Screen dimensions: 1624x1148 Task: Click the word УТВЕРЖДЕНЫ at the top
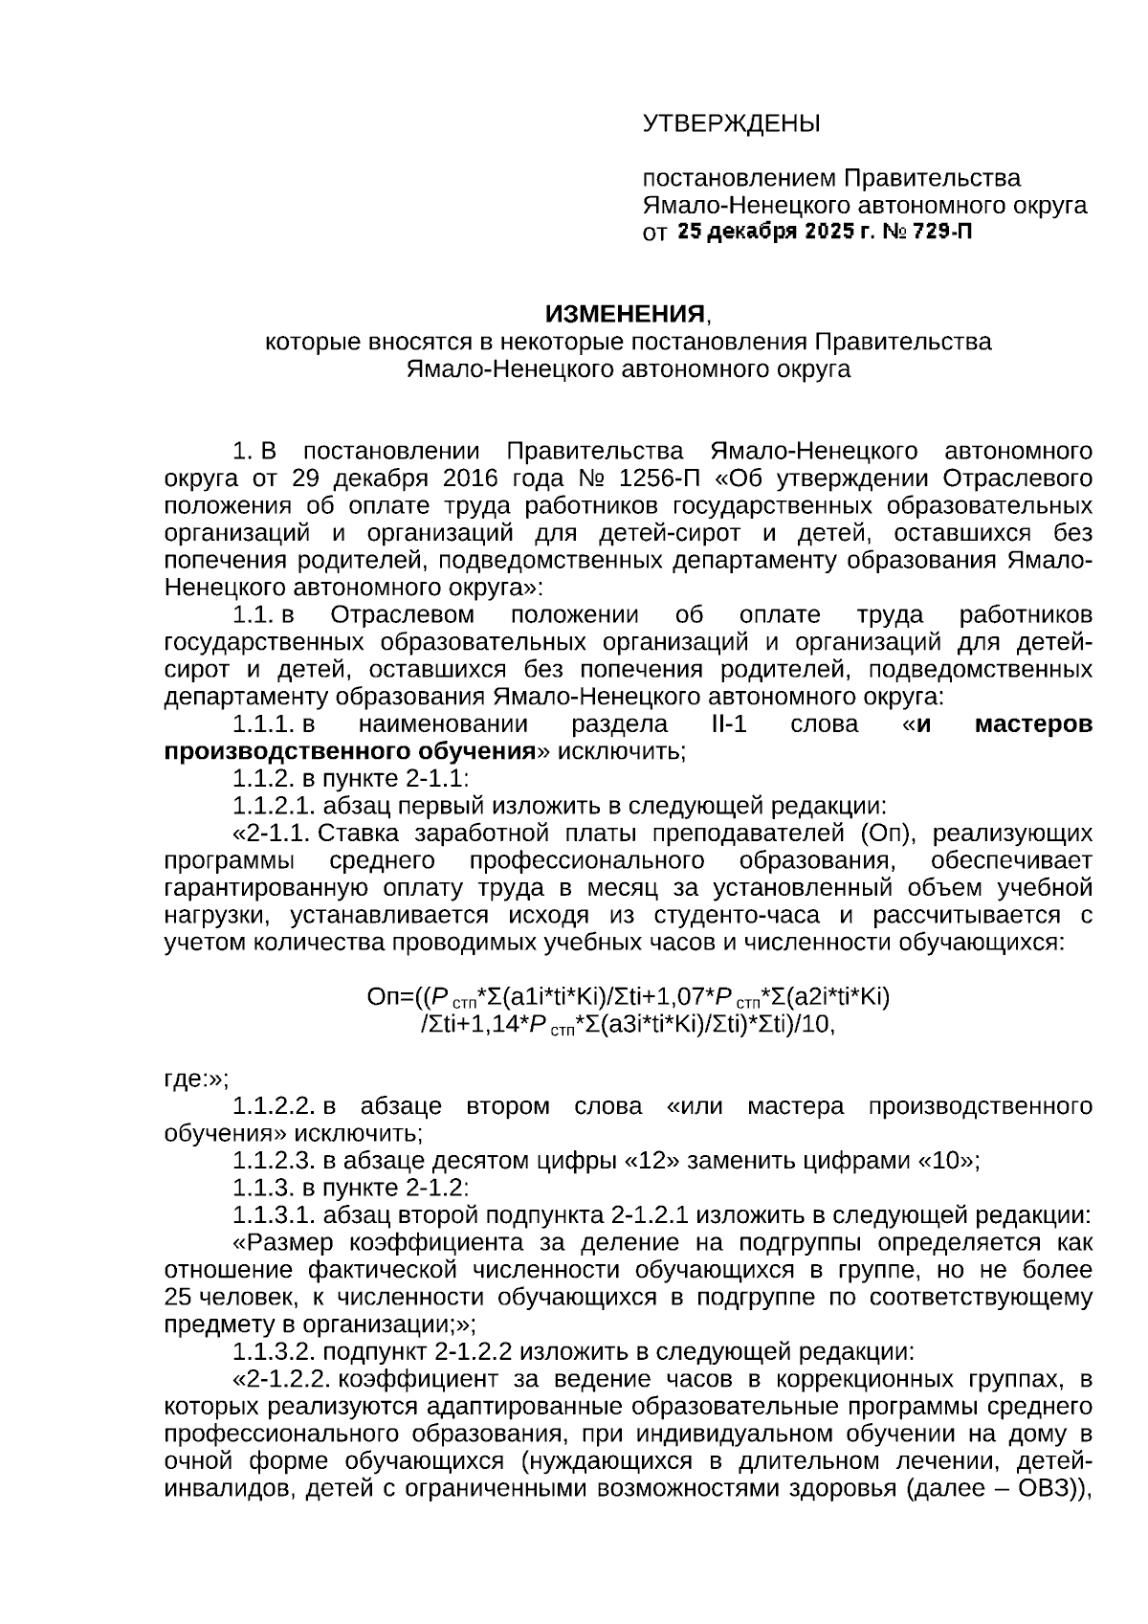[731, 123]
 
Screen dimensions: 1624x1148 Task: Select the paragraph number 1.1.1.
[261, 723]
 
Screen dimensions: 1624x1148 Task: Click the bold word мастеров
[1032, 723]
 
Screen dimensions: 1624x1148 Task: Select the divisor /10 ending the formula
[816, 1025]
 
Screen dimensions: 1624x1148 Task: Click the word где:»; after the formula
[195, 1079]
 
